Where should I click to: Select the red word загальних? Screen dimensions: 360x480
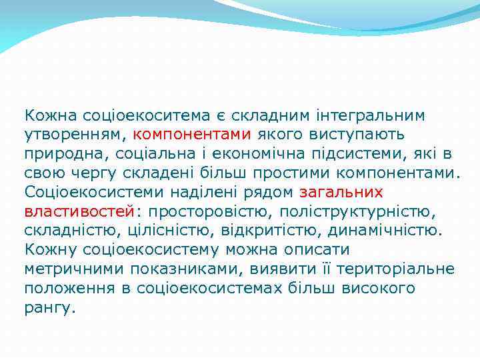341,193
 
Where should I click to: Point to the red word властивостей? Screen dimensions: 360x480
79,212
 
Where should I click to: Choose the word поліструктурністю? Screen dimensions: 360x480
358,212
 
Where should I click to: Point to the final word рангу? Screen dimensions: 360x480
49,308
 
